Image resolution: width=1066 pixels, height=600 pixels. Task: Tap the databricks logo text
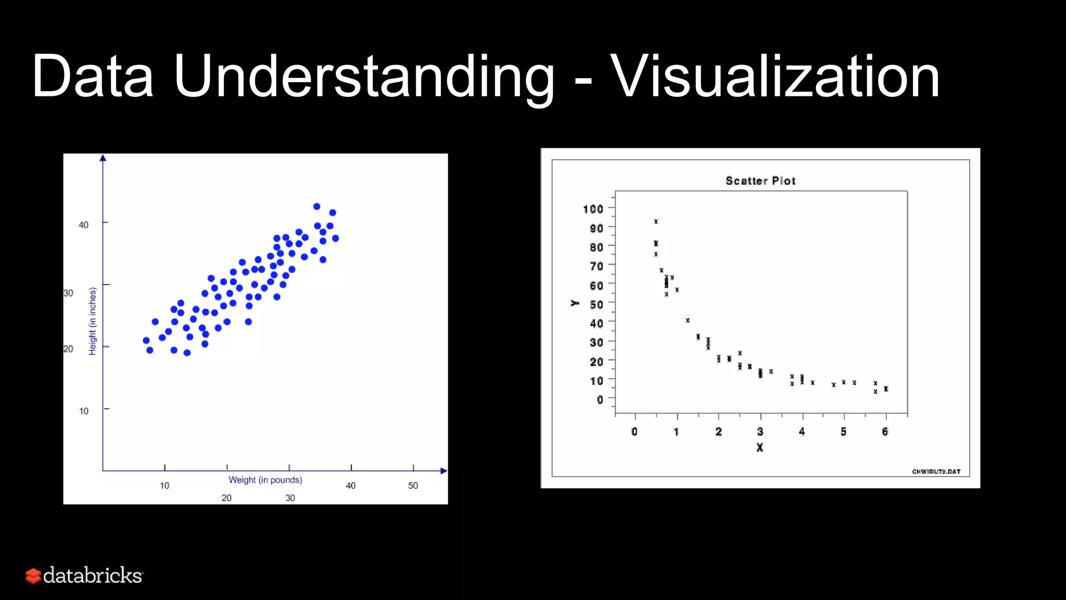[x=92, y=576]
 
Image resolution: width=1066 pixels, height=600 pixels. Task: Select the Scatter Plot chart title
[x=760, y=181]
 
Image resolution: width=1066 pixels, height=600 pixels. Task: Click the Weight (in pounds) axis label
[x=265, y=480]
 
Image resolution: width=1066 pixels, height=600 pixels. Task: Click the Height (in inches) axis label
[x=93, y=321]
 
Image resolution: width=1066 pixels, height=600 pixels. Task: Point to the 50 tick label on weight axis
[x=413, y=485]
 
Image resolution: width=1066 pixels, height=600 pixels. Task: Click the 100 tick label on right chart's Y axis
[x=593, y=209]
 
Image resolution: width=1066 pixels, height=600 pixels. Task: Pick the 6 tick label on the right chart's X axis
[x=885, y=431]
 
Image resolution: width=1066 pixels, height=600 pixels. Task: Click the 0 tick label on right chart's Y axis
[x=600, y=399]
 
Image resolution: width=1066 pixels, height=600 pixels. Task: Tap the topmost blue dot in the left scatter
[x=316, y=206]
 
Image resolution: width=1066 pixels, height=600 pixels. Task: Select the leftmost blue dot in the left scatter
[x=146, y=340]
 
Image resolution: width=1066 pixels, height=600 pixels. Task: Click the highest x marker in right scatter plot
[x=656, y=221]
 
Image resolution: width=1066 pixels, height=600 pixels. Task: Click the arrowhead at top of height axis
[x=103, y=158]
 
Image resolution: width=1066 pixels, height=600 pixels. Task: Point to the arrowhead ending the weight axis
[x=443, y=471]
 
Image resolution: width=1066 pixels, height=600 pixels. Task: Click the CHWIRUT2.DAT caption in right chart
[x=936, y=471]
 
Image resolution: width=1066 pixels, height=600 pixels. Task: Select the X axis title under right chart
[x=759, y=447]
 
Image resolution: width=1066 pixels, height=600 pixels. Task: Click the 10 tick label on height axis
[x=83, y=411]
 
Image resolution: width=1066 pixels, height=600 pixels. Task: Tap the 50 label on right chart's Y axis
[x=596, y=304]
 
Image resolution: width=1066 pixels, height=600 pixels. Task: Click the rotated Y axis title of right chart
[x=575, y=303]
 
